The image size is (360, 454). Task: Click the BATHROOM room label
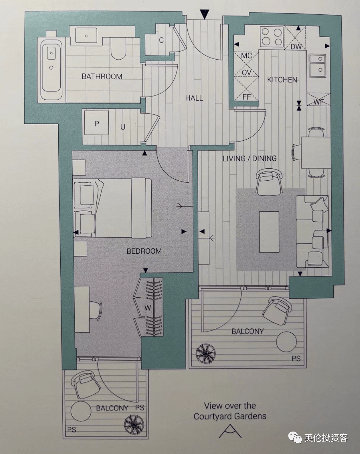[102, 76]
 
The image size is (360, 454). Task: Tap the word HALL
[194, 98]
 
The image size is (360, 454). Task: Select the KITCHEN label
[282, 80]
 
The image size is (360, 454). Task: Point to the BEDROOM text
[144, 251]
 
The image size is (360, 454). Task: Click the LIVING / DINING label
[249, 159]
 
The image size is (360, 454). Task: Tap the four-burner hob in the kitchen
[272, 36]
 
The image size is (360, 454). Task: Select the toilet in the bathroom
[118, 48]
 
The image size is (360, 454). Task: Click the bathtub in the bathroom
[52, 70]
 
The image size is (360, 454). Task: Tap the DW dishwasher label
[296, 47]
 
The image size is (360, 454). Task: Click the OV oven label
[246, 73]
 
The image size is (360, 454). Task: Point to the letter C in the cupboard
[161, 40]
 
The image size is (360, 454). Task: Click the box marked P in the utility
[96, 123]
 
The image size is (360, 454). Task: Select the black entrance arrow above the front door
[205, 14]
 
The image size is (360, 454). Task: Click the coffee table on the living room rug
[269, 232]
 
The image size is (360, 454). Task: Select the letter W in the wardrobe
[148, 308]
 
